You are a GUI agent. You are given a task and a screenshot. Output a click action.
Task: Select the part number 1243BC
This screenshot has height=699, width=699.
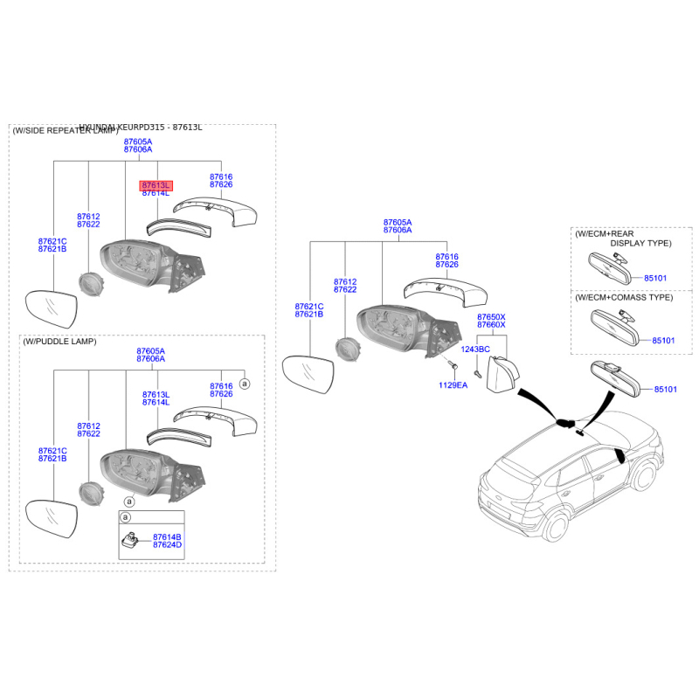click(475, 349)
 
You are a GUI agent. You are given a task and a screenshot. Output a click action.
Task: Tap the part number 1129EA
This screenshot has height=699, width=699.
click(453, 384)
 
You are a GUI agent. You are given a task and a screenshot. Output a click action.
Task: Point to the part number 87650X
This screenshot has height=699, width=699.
click(491, 316)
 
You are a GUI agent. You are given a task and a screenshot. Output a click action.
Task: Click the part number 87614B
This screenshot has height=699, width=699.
click(167, 536)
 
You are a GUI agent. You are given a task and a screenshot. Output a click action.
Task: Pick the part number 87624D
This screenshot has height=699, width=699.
click(167, 545)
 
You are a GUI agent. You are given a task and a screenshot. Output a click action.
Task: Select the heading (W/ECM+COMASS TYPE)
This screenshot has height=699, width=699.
click(624, 298)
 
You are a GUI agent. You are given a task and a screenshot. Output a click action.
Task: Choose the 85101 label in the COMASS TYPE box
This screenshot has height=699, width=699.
click(664, 340)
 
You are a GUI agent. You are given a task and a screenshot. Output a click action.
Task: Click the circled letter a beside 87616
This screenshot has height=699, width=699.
click(245, 383)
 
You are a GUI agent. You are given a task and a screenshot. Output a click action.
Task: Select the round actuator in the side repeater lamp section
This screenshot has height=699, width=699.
click(90, 285)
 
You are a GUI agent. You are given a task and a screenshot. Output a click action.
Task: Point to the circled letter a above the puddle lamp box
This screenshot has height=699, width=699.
click(128, 502)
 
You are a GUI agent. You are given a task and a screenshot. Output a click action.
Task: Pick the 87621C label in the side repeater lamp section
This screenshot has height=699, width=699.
click(52, 240)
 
